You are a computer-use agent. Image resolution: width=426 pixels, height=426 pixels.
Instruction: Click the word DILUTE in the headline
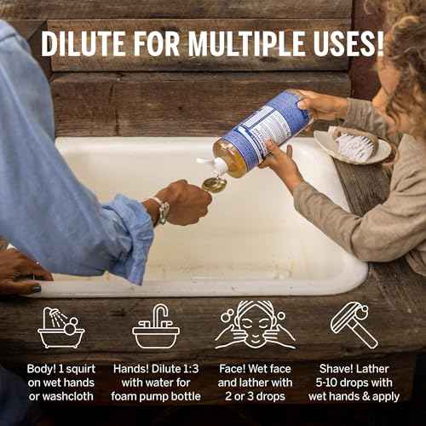pos(88,43)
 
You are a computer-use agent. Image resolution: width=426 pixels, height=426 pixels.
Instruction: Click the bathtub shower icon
pos(61,327)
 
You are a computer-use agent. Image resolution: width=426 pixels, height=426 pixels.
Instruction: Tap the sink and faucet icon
pos(156,327)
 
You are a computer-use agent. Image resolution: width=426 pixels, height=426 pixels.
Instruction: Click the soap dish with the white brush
pos(351,147)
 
